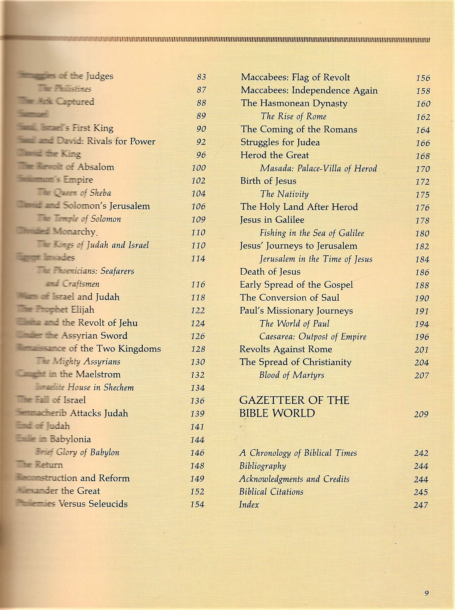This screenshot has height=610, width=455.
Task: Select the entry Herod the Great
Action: point(275,155)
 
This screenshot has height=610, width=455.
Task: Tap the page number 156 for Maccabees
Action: point(423,78)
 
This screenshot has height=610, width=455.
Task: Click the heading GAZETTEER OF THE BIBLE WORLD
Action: point(294,407)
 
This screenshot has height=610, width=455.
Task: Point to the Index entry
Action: point(249,505)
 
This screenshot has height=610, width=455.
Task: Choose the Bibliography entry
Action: point(262,466)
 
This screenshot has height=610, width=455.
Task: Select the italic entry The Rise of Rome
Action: point(293,116)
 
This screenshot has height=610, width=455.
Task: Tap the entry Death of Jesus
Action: point(270,272)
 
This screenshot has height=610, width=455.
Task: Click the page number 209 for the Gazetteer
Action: point(421,414)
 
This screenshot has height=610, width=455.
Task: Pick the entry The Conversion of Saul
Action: point(290,298)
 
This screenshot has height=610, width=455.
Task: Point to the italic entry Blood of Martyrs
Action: point(292,375)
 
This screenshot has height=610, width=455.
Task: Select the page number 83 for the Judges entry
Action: point(201,77)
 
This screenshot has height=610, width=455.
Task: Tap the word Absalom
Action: point(96,167)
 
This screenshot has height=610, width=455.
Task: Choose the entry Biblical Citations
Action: point(271,492)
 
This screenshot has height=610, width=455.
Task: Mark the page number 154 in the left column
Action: point(197,504)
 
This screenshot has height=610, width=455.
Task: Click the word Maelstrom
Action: point(98,374)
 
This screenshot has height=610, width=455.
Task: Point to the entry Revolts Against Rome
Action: point(286,349)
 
